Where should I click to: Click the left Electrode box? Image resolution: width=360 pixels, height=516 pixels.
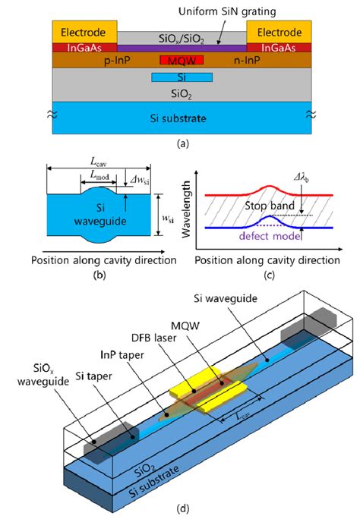(84, 32)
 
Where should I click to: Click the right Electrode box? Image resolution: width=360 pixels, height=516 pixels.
(279, 32)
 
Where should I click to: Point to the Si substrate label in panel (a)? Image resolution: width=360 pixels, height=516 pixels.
(181, 119)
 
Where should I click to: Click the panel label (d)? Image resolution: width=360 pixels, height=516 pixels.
(180, 507)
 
